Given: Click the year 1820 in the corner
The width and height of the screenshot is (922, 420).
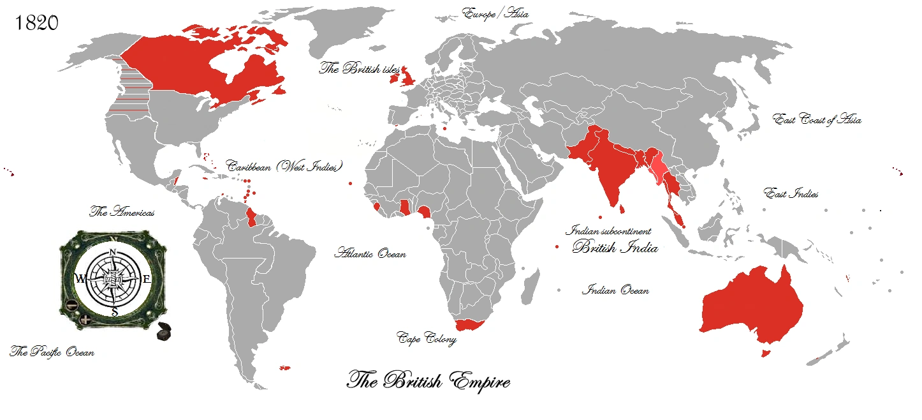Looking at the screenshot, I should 36,23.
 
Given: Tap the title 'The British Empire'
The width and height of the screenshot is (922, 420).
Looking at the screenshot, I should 428,381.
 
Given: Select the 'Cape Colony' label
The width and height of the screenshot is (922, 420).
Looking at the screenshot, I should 427,338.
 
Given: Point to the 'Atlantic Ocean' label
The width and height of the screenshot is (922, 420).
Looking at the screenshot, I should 370,253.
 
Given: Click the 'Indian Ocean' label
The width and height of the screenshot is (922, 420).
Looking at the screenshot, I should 615,290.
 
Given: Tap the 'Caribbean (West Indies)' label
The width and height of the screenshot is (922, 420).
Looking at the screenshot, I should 284,166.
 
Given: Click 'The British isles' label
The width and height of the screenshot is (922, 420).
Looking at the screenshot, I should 359,69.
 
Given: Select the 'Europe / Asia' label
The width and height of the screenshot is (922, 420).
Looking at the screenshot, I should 495,13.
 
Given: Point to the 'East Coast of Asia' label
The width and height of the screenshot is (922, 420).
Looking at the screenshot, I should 817,119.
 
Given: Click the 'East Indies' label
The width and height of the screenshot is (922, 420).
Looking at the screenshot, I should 791,193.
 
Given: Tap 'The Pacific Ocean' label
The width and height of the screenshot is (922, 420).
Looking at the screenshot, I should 52,352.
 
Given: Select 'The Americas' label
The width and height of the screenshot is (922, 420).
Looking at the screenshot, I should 122,212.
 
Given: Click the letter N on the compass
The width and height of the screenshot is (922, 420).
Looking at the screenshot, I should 113,252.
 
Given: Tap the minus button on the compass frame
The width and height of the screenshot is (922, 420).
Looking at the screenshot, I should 72,305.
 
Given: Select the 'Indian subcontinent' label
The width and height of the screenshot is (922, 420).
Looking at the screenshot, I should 608,232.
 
